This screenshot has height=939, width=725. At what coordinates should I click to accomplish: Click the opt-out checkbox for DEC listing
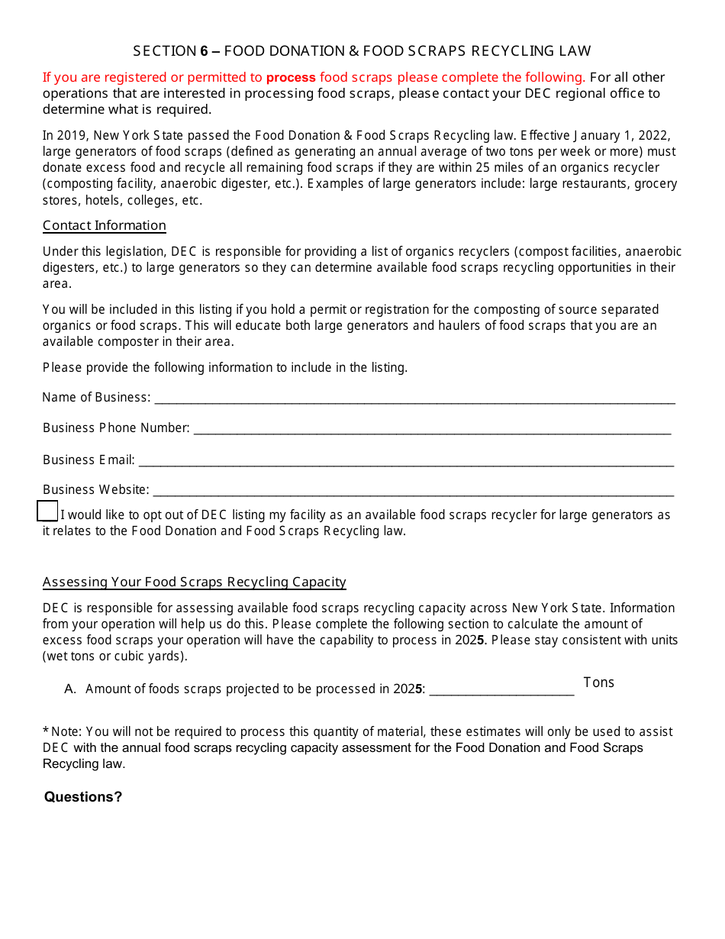[47, 511]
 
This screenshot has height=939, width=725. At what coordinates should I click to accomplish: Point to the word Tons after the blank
[598, 682]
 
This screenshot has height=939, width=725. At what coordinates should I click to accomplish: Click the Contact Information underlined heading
[105, 226]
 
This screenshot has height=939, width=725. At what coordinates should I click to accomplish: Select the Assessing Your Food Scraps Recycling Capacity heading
[195, 582]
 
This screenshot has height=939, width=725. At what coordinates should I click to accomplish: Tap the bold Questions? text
[83, 797]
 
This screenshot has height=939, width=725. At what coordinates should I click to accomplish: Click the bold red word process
[291, 77]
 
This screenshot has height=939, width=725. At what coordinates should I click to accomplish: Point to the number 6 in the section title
[204, 51]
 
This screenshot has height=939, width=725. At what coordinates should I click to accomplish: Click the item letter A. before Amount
[71, 689]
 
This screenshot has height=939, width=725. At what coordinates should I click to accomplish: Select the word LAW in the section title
[575, 51]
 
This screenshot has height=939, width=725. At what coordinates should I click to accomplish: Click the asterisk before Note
[46, 731]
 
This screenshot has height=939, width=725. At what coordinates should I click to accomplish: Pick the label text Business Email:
[89, 460]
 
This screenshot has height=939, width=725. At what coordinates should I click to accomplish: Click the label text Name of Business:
[96, 398]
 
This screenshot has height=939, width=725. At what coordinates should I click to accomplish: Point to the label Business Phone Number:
[116, 428]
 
